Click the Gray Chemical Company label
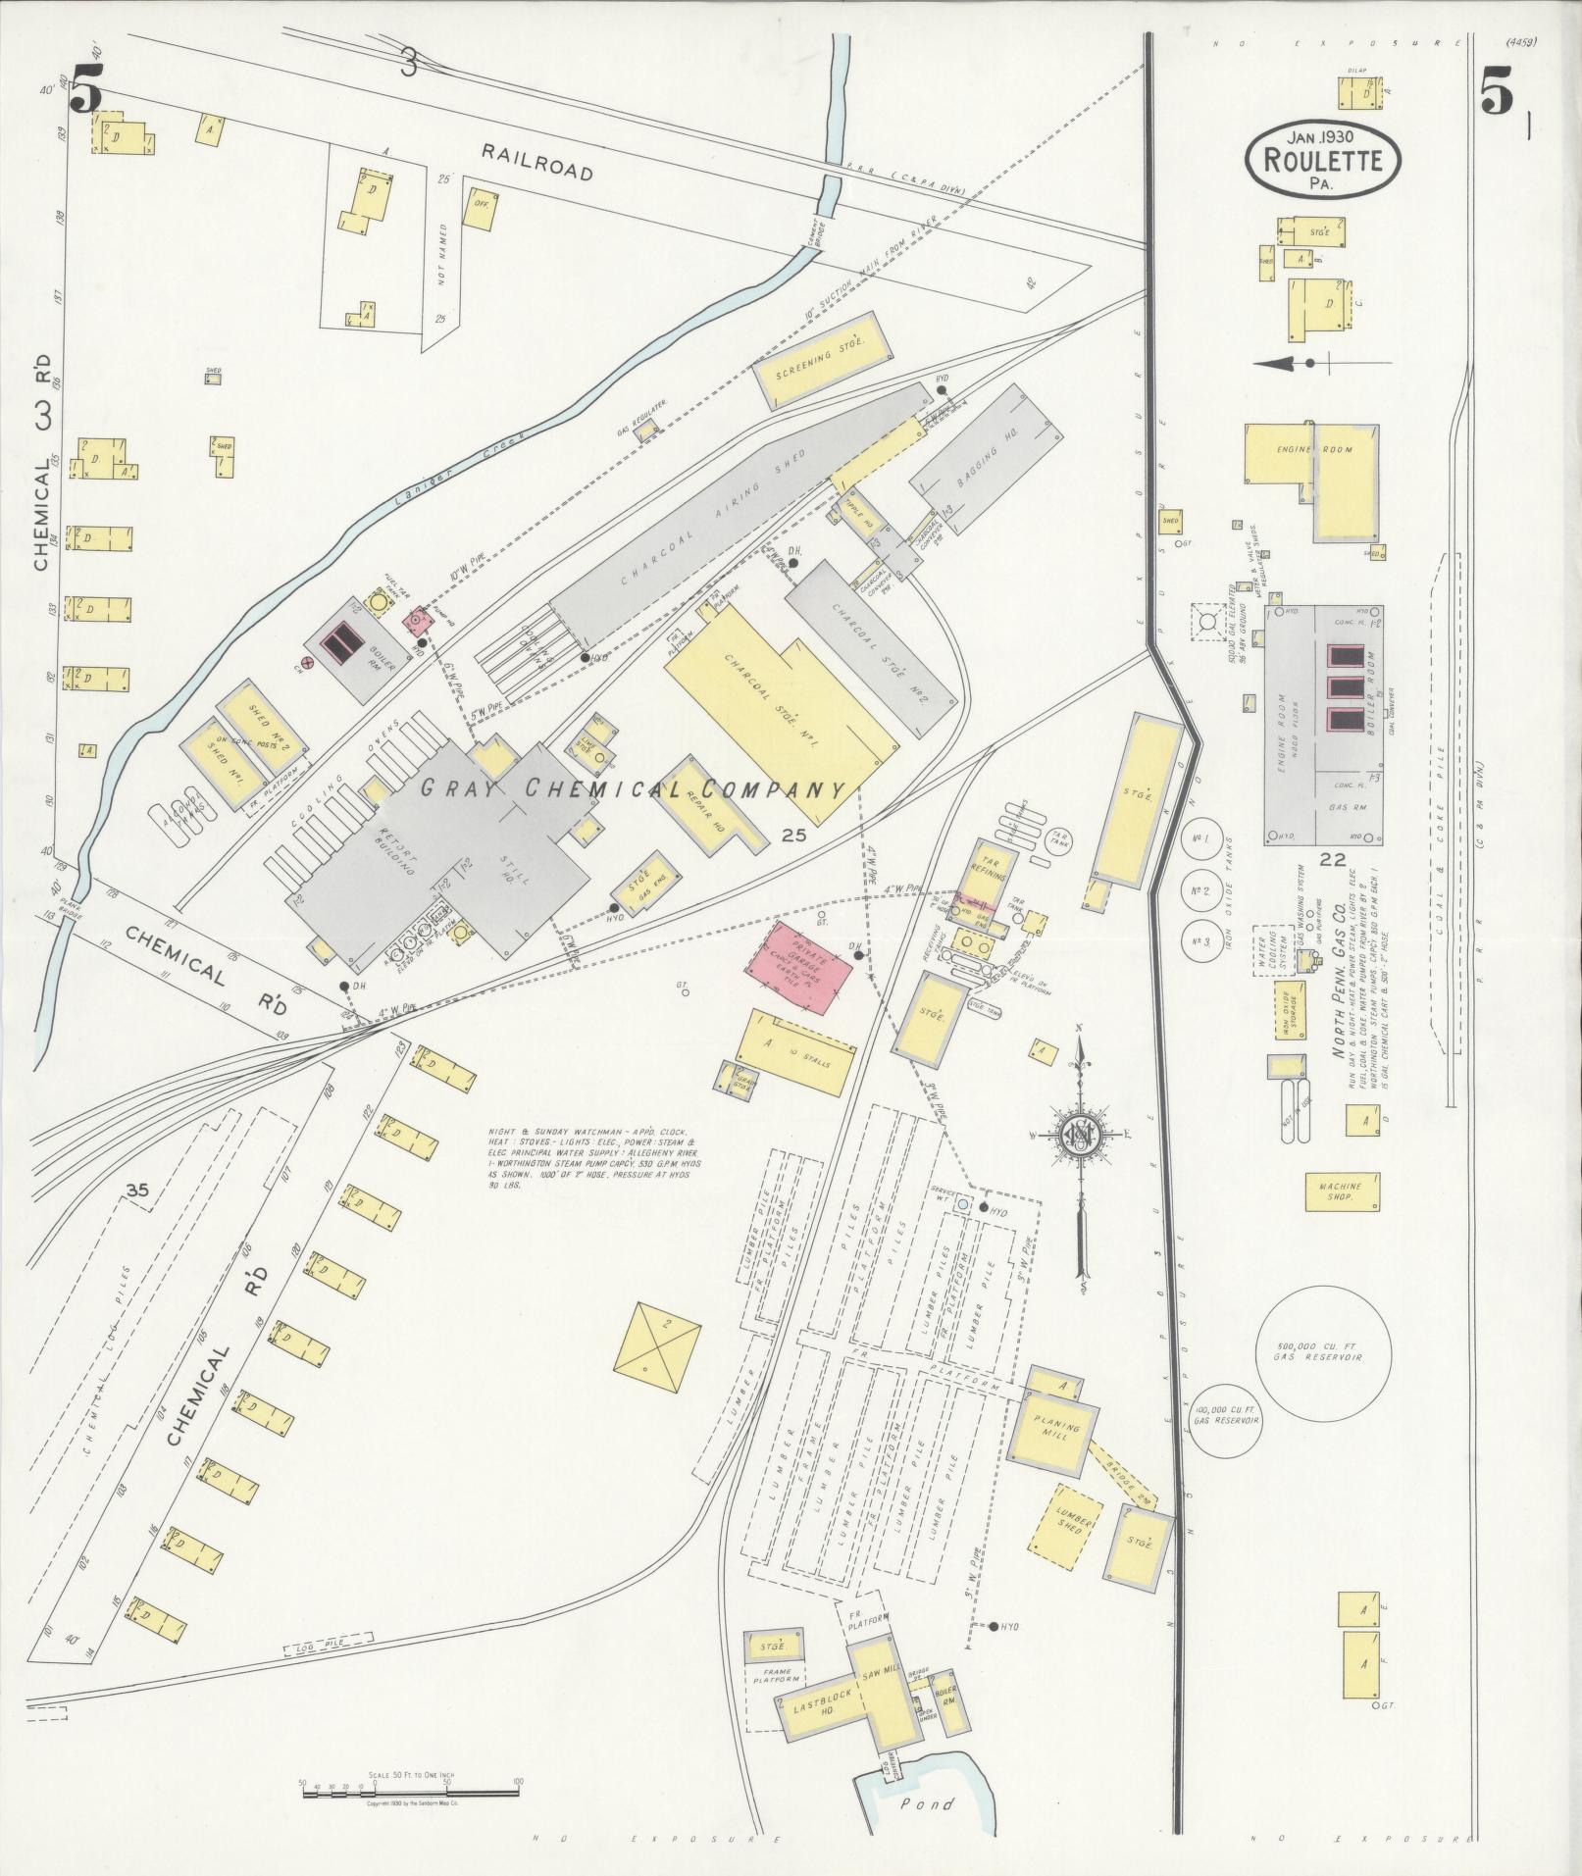coord(633,787)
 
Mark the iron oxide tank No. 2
coord(1199,891)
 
